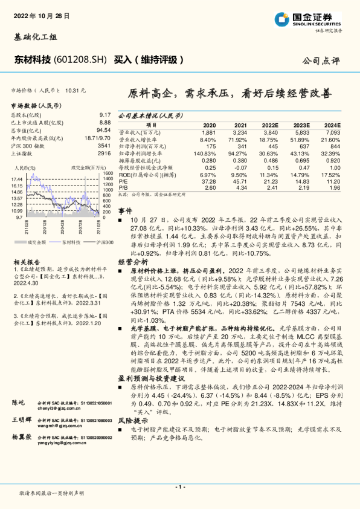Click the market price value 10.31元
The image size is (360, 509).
[x=76, y=90]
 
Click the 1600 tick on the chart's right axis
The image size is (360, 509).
[x=108, y=172]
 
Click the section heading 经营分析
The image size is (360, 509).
[x=132, y=262]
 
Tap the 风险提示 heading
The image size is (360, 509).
[x=132, y=436]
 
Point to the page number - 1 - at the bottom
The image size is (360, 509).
[x=179, y=487]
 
